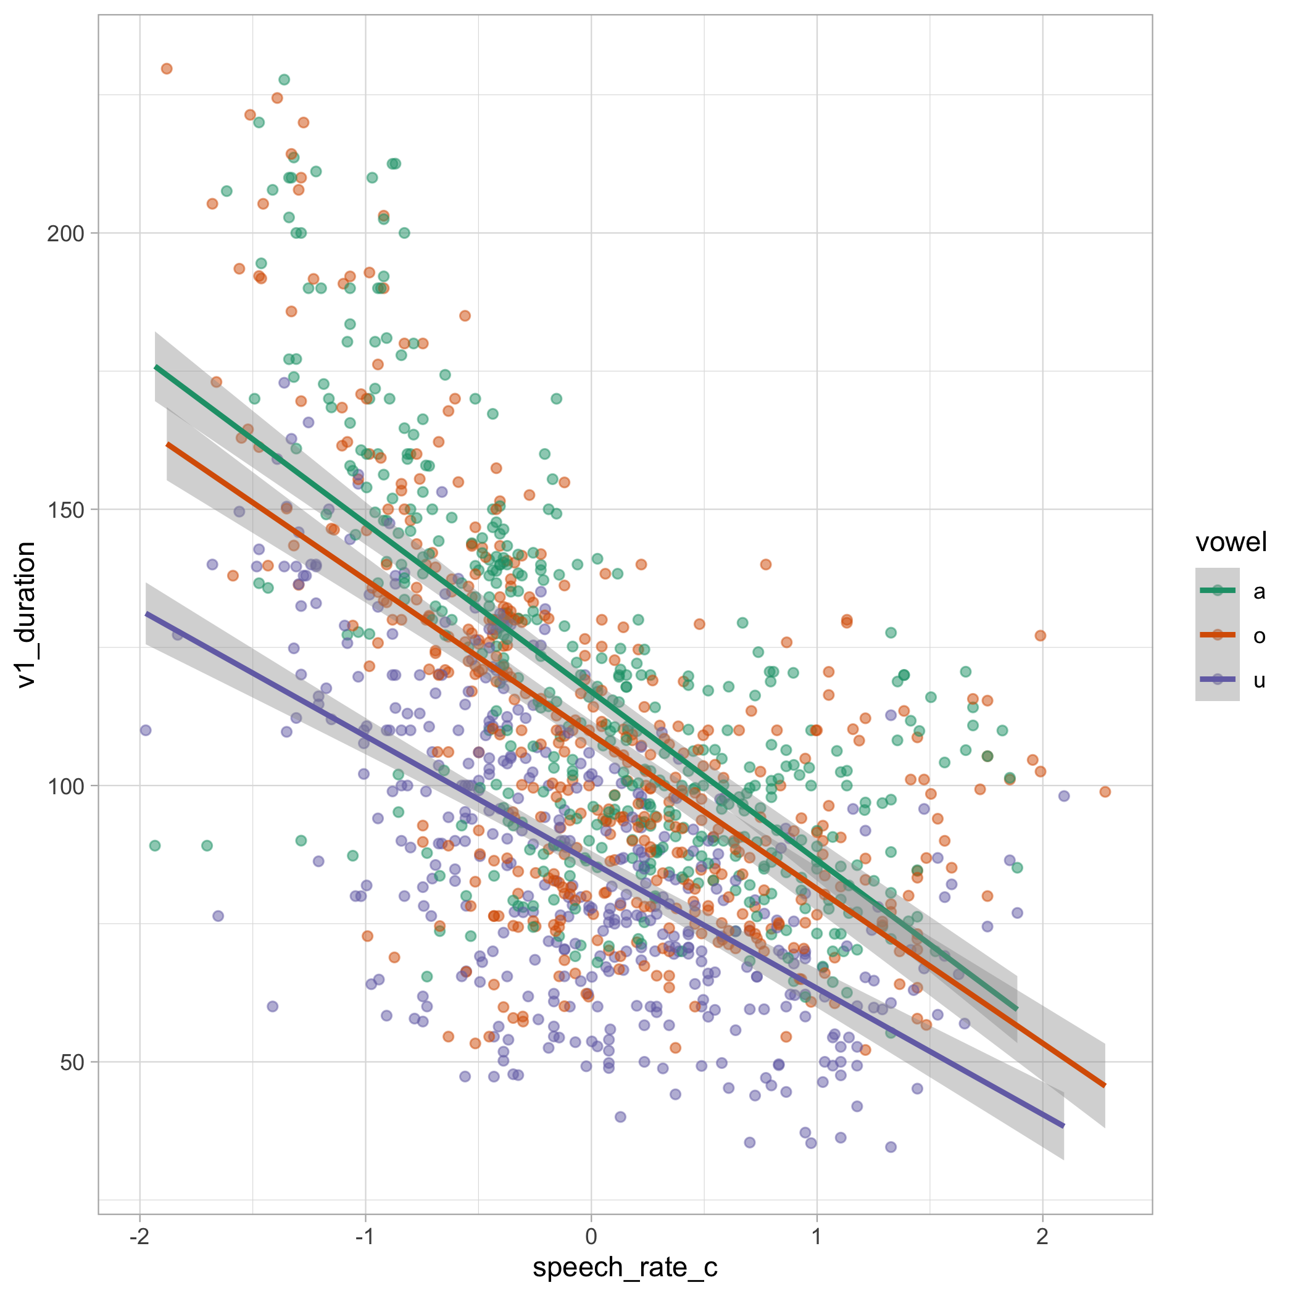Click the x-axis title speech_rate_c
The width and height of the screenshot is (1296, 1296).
click(x=625, y=1266)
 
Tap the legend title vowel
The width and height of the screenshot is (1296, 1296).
click(x=1231, y=542)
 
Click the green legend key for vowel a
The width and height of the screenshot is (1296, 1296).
click(x=1217, y=591)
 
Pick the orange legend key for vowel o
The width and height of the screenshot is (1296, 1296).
click(x=1217, y=634)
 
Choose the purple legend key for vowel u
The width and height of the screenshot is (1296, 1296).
click(x=1217, y=679)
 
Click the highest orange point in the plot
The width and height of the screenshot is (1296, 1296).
click(x=167, y=69)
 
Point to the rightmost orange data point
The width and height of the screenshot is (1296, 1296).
click(x=1105, y=792)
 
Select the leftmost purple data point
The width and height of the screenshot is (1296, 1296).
click(x=146, y=730)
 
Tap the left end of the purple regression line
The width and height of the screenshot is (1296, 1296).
click(x=147, y=614)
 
